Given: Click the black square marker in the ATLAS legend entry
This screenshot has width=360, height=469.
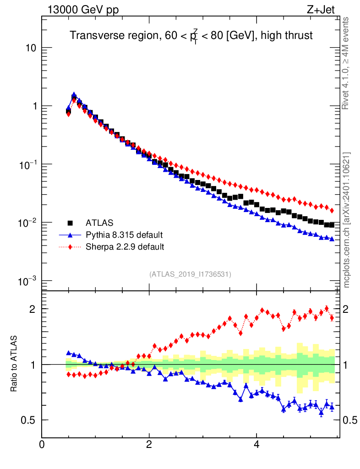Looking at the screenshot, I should [x=71, y=223].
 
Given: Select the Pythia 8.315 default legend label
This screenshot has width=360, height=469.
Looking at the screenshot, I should [x=124, y=235].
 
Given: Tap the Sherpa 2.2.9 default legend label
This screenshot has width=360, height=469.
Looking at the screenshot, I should [x=125, y=247].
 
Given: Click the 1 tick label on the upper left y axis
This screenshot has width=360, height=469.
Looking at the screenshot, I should [x=34, y=106].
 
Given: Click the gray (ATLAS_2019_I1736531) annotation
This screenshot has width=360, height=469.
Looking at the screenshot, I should [x=190, y=274].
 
